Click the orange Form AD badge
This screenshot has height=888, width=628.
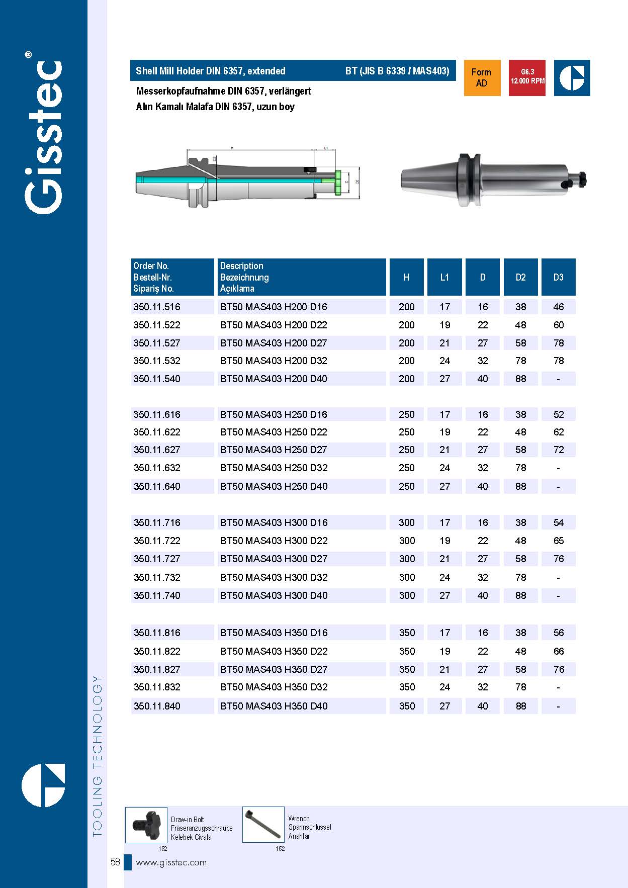coord(482,78)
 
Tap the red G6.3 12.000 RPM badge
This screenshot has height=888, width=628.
coord(527,78)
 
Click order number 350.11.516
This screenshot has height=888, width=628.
coord(157,307)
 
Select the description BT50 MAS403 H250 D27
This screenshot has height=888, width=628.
coord(274,450)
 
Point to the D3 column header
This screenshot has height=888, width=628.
coord(558,277)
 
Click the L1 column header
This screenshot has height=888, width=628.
coord(444,277)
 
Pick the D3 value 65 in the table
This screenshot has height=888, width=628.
coord(559,541)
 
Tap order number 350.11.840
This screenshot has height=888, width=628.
coord(157,706)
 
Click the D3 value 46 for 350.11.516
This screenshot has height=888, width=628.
coord(559,307)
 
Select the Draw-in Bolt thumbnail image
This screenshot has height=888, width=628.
coord(146,825)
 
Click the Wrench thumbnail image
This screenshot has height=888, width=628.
coord(263,825)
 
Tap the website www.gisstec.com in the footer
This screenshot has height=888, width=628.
coord(171,862)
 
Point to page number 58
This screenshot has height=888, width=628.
coord(115,862)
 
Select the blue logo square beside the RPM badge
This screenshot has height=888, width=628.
coord(572,78)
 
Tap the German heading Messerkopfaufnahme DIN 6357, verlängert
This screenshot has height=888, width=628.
coord(224,91)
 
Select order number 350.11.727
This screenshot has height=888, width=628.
coord(157,559)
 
